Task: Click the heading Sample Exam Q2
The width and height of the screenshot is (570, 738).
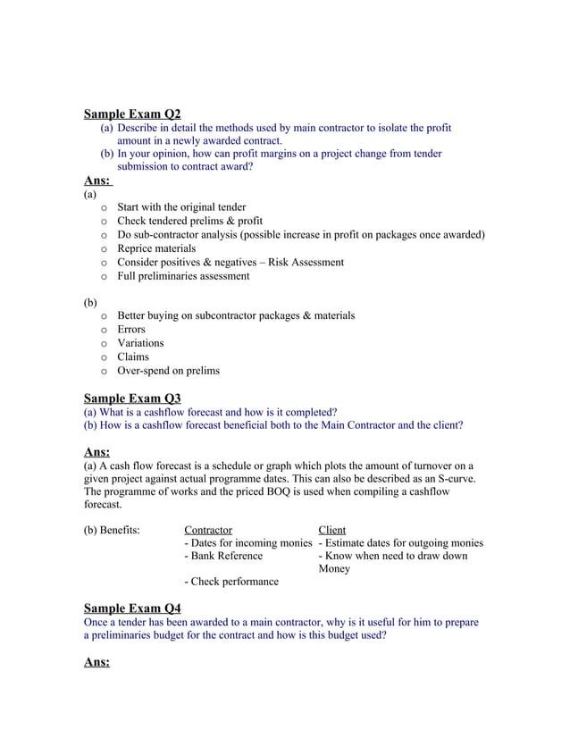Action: (x=131, y=114)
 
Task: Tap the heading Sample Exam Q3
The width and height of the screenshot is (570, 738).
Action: (x=131, y=398)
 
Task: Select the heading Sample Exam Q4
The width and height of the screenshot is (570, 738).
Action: (x=131, y=608)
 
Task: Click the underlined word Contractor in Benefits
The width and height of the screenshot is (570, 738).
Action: (x=207, y=530)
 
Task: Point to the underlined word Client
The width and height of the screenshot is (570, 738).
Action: (x=332, y=530)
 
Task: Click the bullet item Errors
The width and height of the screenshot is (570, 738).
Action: (x=131, y=330)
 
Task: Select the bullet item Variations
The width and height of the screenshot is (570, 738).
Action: (x=141, y=343)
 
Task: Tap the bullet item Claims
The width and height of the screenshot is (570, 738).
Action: (x=133, y=356)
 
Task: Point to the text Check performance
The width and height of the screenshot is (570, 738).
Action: (x=231, y=582)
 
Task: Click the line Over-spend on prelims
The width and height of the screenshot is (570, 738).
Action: (x=168, y=371)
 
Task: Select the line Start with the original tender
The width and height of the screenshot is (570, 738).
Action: (x=181, y=208)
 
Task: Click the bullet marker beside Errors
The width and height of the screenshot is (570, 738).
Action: (x=105, y=331)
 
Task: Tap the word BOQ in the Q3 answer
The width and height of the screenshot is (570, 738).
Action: (x=273, y=492)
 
